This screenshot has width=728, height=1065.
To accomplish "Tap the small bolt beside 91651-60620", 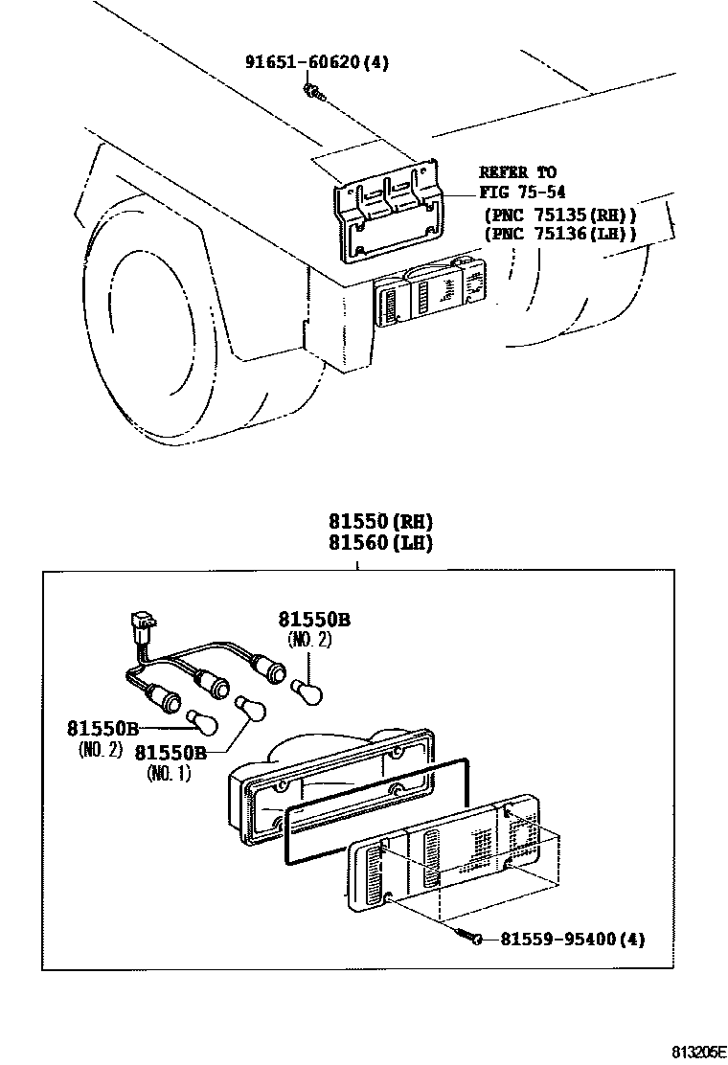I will pyautogui.click(x=312, y=92).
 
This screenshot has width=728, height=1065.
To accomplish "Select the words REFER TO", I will pyautogui.click(x=517, y=172).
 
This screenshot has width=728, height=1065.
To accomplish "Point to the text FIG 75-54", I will pyautogui.click(x=517, y=191).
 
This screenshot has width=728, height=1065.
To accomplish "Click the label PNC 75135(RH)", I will pyautogui.click(x=559, y=214).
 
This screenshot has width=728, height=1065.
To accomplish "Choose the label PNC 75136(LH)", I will pyautogui.click(x=559, y=233).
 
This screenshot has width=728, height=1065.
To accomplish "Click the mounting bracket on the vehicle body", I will pyautogui.click(x=389, y=214).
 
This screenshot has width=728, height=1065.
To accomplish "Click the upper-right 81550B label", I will pyautogui.click(x=314, y=620).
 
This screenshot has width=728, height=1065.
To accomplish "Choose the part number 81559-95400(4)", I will pyautogui.click(x=572, y=940).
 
